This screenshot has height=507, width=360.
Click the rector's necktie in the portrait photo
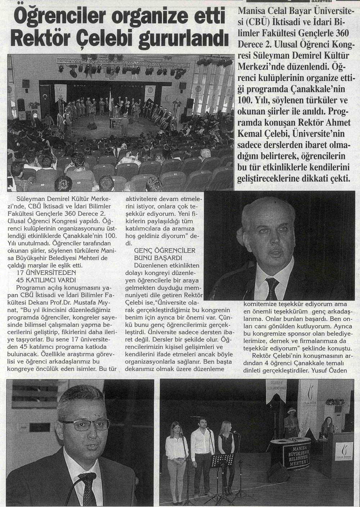274,285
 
